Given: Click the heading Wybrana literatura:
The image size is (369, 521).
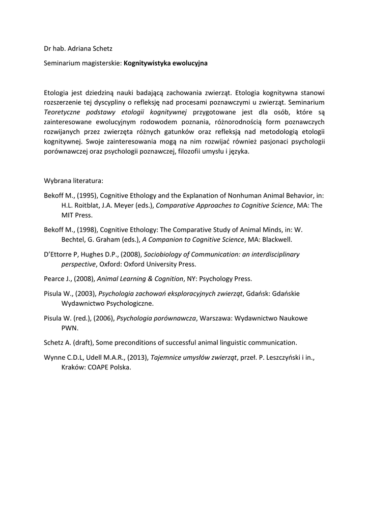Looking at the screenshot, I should [73, 181].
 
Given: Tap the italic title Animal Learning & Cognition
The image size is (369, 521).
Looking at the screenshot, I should [140, 278].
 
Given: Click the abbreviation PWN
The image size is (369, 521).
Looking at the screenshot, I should [70, 328].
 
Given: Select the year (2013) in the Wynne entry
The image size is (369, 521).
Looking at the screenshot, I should [137, 357].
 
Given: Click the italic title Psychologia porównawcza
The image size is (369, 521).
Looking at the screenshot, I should [156, 318].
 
